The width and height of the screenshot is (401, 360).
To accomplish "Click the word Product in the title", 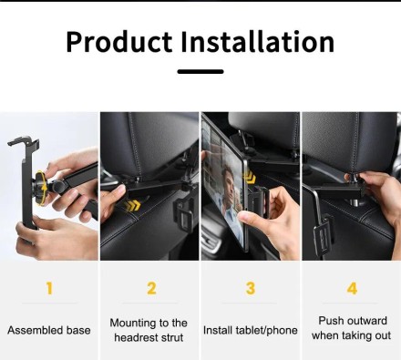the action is (x=119, y=42).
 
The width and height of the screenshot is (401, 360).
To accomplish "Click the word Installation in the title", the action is (x=258, y=41).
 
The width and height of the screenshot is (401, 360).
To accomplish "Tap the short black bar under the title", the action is (x=200, y=72).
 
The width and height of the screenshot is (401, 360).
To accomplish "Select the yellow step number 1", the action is (x=49, y=288).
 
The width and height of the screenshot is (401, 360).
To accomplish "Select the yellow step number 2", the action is (x=151, y=288).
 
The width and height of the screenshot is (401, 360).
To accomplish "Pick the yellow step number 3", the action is (x=251, y=288).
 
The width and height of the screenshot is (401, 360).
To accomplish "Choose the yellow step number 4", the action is (x=352, y=288).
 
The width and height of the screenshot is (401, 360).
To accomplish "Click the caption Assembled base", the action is (x=49, y=330).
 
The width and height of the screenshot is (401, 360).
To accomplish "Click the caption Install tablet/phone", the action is (x=251, y=330).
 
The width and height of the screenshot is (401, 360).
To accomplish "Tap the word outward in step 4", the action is (x=367, y=321).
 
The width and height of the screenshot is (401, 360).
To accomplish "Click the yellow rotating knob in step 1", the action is (x=40, y=189).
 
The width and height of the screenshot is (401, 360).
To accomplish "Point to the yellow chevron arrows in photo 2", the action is (x=132, y=206).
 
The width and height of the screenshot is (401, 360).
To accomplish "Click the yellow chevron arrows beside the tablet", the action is (x=250, y=176).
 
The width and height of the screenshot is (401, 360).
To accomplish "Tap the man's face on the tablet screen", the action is (x=229, y=180).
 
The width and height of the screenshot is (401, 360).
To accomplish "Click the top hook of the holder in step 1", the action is (x=24, y=143).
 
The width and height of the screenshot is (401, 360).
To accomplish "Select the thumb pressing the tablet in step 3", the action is (x=247, y=216).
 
